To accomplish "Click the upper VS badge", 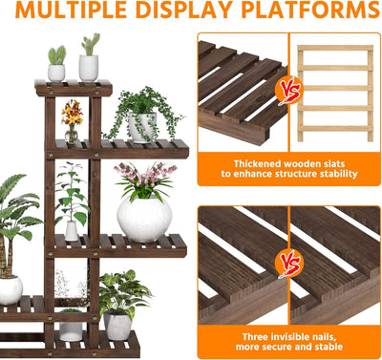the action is coord(289,91).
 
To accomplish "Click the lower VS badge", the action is coord(289,264).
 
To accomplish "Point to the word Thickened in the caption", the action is coord(257,164).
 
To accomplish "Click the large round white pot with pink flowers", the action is coord(144,219).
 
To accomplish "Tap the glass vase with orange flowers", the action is coord(72,135).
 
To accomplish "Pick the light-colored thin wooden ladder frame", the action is coord(335,93).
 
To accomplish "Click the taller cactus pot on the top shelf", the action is coord(89,68).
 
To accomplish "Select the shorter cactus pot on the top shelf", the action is coord(56,74).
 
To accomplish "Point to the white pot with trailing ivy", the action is coord(142,127).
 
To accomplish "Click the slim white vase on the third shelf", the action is coord(72,231).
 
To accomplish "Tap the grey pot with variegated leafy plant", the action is coord(117,326).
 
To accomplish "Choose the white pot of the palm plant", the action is coord(11,289).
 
